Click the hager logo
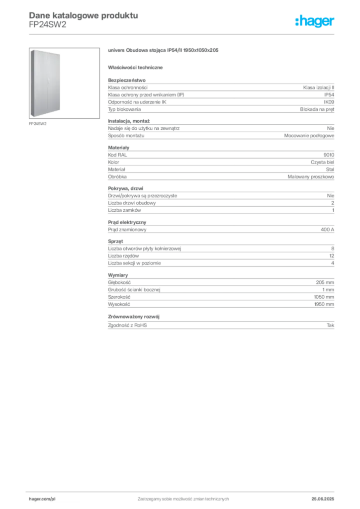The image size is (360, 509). [x=315, y=21]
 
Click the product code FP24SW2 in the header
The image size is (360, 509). [x=47, y=25]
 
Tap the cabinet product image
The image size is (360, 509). [x=64, y=83]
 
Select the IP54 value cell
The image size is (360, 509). [x=329, y=95]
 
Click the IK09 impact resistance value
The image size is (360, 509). [x=329, y=102]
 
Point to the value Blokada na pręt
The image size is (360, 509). [x=317, y=109]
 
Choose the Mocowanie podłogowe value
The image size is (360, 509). [x=309, y=136]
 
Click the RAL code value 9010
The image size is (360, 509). [x=329, y=155]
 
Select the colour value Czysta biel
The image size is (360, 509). [x=322, y=163]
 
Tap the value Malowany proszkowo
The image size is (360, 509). [x=311, y=177]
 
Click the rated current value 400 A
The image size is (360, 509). [x=327, y=230]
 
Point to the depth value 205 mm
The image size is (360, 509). [x=325, y=282]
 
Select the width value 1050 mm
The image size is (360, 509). [x=324, y=297]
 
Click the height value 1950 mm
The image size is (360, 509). [x=324, y=304]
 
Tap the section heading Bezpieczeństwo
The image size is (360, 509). [x=127, y=80]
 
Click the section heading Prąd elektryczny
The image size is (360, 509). [x=127, y=222]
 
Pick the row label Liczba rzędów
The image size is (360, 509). [x=123, y=256]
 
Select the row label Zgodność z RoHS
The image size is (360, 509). [x=127, y=325]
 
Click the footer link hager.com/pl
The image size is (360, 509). [x=42, y=499]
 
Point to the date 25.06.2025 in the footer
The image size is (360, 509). [x=323, y=499]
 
